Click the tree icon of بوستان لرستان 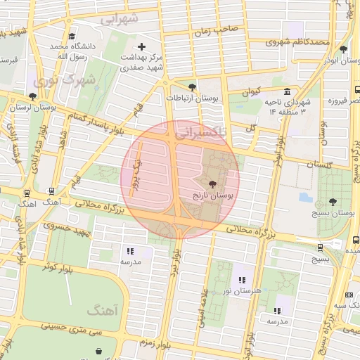tap(33, 96)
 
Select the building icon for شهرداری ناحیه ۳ tap(287, 92)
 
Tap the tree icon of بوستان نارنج tap(213, 184)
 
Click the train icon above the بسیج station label tap(320, 247)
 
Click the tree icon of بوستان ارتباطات tap(193, 86)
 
